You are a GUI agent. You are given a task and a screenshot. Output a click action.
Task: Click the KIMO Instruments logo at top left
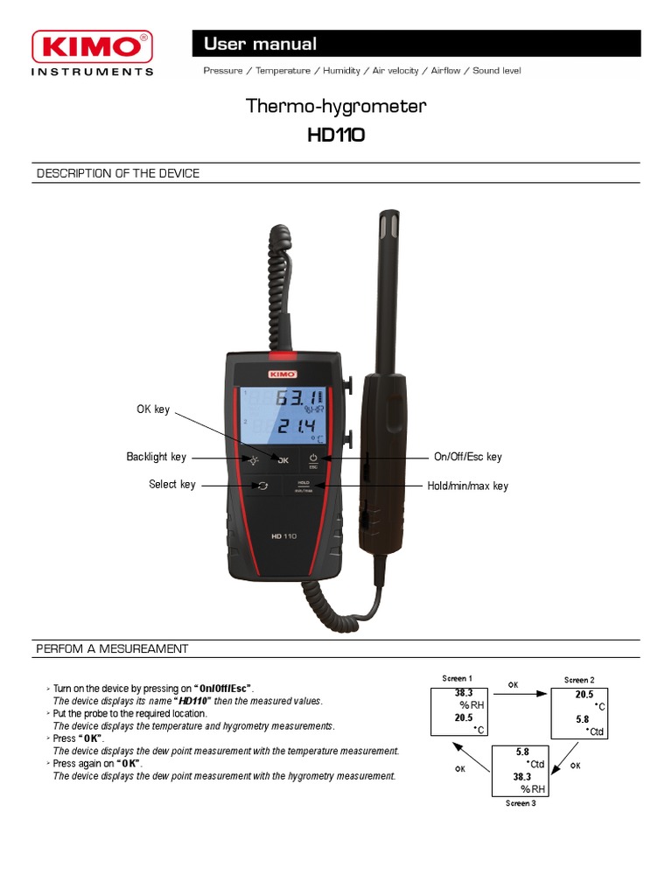tap(92, 52)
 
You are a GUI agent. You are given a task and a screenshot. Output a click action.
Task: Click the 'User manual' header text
tap(260, 44)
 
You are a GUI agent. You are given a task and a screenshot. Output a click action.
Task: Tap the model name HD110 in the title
tap(336, 136)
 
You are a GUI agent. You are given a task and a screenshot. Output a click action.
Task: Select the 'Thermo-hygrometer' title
tap(336, 107)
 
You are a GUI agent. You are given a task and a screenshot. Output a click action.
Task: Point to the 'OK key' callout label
tap(153, 409)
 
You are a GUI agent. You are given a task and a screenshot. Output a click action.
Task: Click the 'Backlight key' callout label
tap(157, 457)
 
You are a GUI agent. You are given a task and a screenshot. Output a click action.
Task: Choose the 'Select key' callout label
tap(172, 485)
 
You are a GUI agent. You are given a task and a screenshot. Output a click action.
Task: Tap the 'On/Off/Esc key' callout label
tap(468, 457)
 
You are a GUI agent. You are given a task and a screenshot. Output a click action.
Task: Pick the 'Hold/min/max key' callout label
tap(467, 486)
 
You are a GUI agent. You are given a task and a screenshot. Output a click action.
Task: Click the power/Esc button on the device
tap(312, 459)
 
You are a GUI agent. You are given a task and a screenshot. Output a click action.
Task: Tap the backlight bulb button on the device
tap(253, 459)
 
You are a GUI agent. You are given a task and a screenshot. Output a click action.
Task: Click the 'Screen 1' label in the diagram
tap(457, 678)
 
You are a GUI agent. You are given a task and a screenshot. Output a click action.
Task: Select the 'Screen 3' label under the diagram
tap(521, 803)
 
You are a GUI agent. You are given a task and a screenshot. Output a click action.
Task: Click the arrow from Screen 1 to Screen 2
tap(514, 692)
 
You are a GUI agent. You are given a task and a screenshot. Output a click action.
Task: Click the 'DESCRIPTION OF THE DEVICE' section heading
tap(118, 173)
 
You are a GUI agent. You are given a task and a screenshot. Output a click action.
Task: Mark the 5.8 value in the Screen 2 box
tap(582, 718)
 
